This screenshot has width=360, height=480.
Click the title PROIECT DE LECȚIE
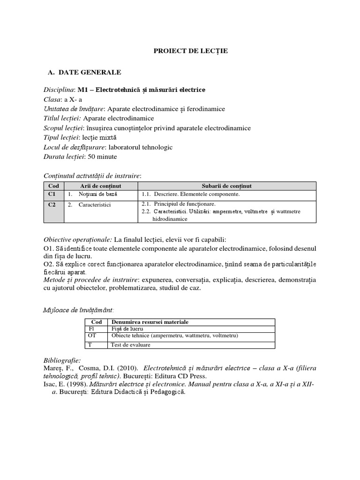point(191,51)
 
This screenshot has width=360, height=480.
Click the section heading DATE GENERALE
point(90,72)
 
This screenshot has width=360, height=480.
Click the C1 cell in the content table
point(52,194)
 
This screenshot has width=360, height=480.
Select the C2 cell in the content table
point(52,205)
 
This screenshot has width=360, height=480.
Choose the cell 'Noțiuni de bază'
point(98,194)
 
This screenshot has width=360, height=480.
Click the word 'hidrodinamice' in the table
point(170,218)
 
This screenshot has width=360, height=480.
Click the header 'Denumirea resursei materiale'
point(150,322)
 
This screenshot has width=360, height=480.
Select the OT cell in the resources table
point(92,336)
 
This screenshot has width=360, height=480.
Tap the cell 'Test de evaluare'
point(131,345)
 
